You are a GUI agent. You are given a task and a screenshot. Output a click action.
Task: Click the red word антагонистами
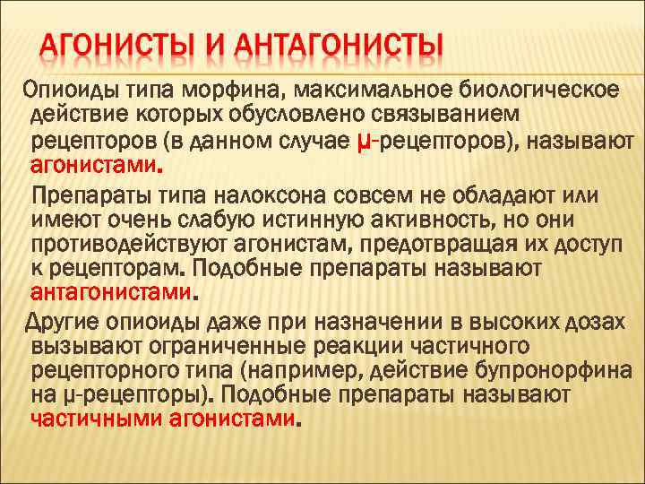pyautogui.click(x=111, y=292)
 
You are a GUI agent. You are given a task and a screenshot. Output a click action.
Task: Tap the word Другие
pyautogui.click(x=67, y=323)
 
